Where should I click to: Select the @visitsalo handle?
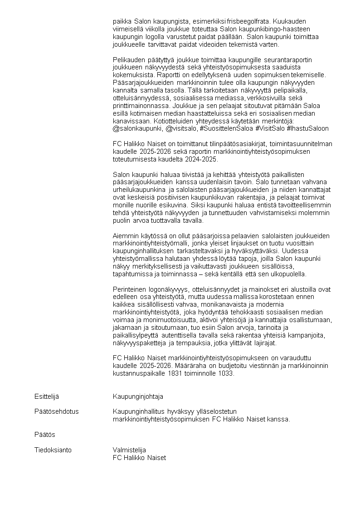click(181, 128)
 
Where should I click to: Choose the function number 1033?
click(224, 374)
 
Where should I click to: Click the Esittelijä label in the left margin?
click(47, 396)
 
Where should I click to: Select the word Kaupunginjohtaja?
click(138, 396)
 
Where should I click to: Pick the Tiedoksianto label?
click(53, 450)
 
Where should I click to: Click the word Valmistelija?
click(129, 450)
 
